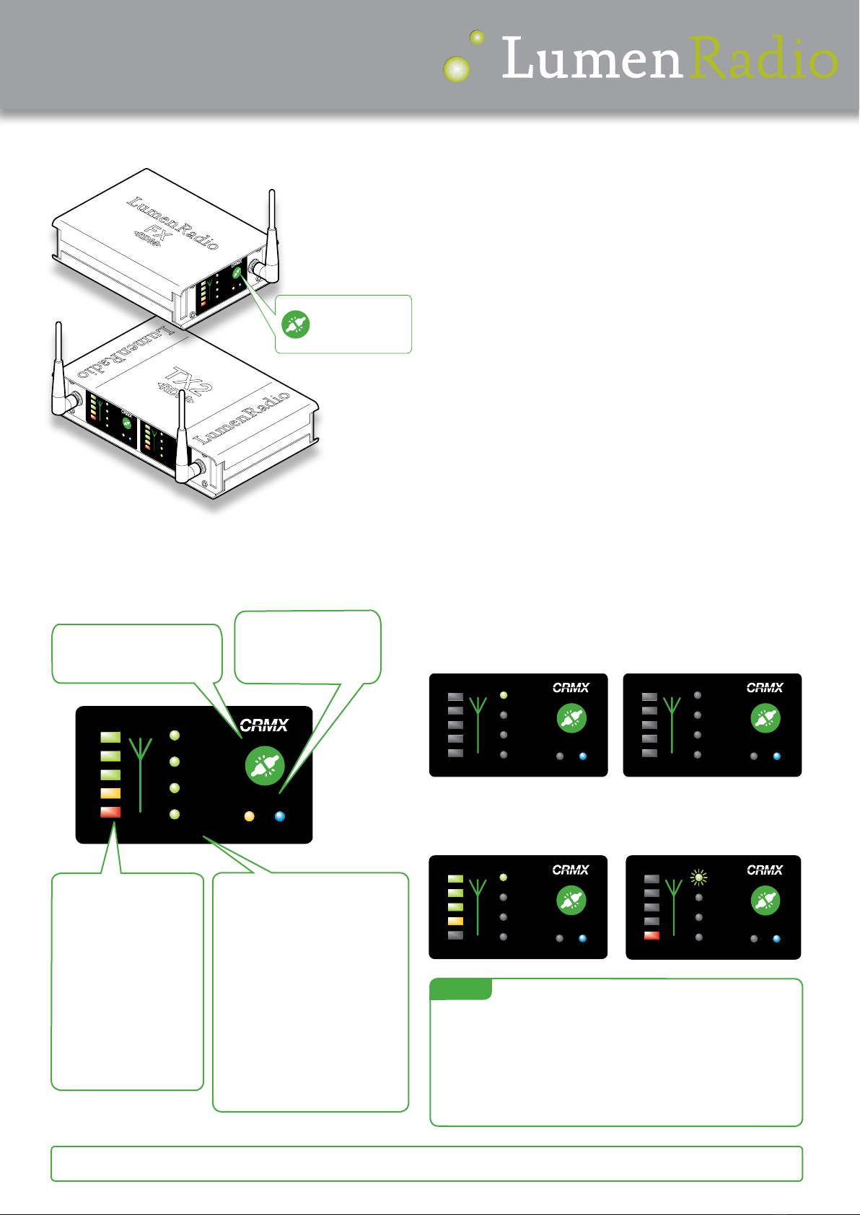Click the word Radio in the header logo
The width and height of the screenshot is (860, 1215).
(763, 58)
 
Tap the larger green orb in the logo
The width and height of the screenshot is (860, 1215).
(456, 69)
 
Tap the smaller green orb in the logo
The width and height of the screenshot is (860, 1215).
(477, 37)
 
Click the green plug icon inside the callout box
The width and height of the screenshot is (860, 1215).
(295, 324)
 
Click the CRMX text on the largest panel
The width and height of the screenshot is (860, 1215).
(264, 725)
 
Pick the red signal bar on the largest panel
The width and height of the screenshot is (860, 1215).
(110, 812)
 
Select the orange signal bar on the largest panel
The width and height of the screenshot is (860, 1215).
(110, 793)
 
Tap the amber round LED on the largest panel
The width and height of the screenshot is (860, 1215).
(249, 817)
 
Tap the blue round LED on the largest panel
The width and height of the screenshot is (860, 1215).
(280, 817)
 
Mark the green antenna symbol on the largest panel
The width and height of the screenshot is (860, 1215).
(141, 772)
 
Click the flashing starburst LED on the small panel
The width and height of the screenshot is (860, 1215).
(698, 878)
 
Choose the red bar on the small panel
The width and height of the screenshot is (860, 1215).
(651, 936)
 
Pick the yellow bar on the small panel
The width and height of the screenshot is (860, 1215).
(455, 921)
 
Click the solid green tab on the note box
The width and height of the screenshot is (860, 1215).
(460, 989)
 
